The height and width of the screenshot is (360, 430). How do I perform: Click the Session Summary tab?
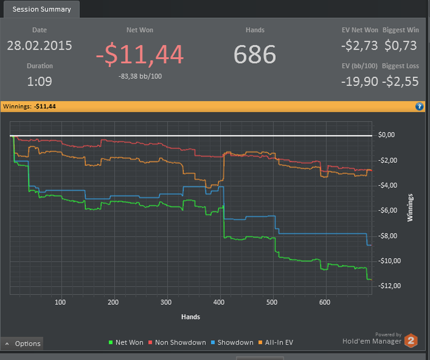[42, 9]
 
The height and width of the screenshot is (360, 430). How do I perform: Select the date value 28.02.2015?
[39, 45]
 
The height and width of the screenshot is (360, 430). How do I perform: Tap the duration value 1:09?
[39, 81]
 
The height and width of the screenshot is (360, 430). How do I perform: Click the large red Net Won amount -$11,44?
[139, 55]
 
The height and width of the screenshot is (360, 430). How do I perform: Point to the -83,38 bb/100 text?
[139, 76]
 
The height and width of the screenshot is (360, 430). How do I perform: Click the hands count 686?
[255, 54]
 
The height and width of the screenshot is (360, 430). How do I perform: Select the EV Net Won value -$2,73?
[360, 45]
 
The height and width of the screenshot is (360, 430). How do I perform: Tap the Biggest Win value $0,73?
[402, 45]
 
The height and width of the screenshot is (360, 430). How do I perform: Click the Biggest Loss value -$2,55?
[401, 81]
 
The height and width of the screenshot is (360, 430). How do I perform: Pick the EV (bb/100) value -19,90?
[360, 81]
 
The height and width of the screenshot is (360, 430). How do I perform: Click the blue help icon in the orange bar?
[420, 107]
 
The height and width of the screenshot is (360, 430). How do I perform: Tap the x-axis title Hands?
[190, 317]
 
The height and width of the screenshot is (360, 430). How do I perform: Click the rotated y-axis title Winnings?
[410, 209]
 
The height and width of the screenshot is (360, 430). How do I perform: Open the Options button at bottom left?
[23, 343]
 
